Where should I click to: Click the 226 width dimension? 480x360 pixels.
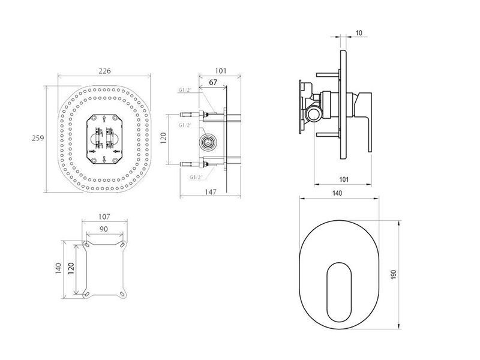coord(104,71)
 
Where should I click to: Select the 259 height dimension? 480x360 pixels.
coord(38,138)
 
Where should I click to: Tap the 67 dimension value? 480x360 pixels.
coord(213,82)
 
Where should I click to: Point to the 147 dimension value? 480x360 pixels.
coord(211,192)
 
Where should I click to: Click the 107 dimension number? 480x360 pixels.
coord(104,217)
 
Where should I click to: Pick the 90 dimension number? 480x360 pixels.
coord(104,229)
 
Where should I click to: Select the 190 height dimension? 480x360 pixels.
coord(394,274)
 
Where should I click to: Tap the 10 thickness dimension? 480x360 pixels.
coord(359,33)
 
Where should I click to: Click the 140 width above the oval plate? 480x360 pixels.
coord(337,193)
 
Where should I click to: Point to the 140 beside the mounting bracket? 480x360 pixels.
coord(58,268)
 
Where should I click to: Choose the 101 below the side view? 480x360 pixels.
coord(344,179)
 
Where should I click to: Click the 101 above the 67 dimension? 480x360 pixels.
coord(220,71)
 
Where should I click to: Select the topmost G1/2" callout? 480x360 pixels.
coord(185,90)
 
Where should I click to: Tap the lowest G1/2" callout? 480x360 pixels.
coord(196,177)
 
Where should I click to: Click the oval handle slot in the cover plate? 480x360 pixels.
coord(339,292)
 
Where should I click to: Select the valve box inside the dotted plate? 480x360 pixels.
coord(104,139)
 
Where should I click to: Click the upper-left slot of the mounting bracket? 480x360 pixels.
coord(86,245)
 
